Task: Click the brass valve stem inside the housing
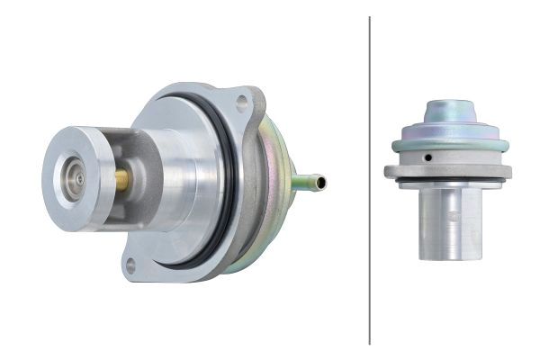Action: pos(121,179)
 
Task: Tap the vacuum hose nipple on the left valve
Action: pos(309,183)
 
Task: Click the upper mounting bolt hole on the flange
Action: pos(240,102)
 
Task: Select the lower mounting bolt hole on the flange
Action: pos(131,265)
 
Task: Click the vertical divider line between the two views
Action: pos(370,180)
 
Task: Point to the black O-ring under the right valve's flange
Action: pos(450,183)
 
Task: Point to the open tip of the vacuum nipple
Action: pos(322,183)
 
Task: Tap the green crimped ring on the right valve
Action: pos(450,145)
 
